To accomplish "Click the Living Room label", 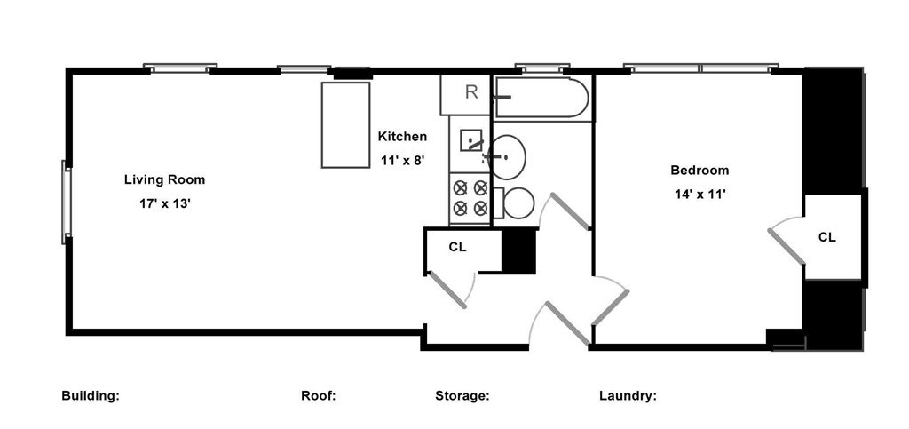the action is coord(164,179).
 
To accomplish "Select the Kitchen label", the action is coord(402,137).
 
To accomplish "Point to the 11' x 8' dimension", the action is coord(404,161).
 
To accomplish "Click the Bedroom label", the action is coord(700,171).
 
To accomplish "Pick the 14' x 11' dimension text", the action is coord(700,195).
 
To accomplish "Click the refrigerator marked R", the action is coord(465,94).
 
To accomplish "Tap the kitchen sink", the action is coord(471,140).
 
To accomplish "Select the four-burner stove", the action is coord(470,198).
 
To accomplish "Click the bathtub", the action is coord(541,98).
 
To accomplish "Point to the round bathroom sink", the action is coord(507,156).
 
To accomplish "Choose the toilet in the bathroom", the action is coord(514,203).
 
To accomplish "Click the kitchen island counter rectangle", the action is coord(345,125).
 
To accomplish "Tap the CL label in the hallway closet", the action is coord(457,247).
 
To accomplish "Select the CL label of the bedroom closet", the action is coord(827,237).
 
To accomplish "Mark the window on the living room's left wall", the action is coord(66,203).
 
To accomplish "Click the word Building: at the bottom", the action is coord(91,396).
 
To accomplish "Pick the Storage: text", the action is coord(462,396).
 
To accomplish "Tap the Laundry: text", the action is coord(628,396).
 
